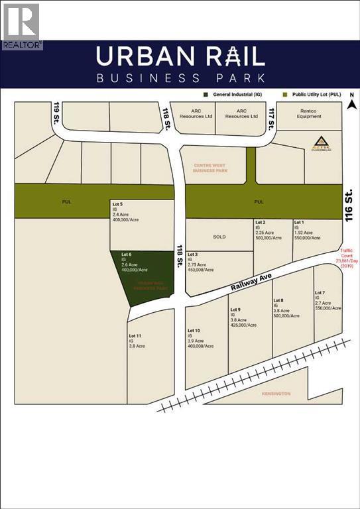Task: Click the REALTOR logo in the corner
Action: point(21,25)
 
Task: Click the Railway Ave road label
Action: point(253,284)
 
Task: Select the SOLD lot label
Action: point(219,236)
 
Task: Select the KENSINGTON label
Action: point(276,394)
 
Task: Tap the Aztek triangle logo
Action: point(321,142)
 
